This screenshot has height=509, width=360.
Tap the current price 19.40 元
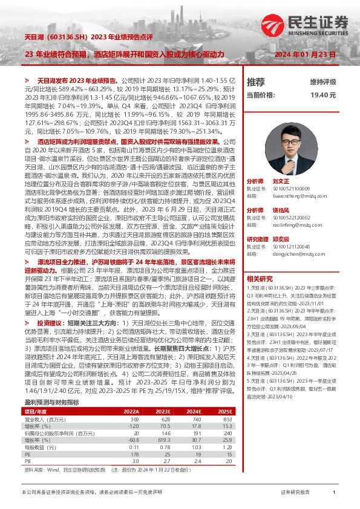point(322,96)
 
